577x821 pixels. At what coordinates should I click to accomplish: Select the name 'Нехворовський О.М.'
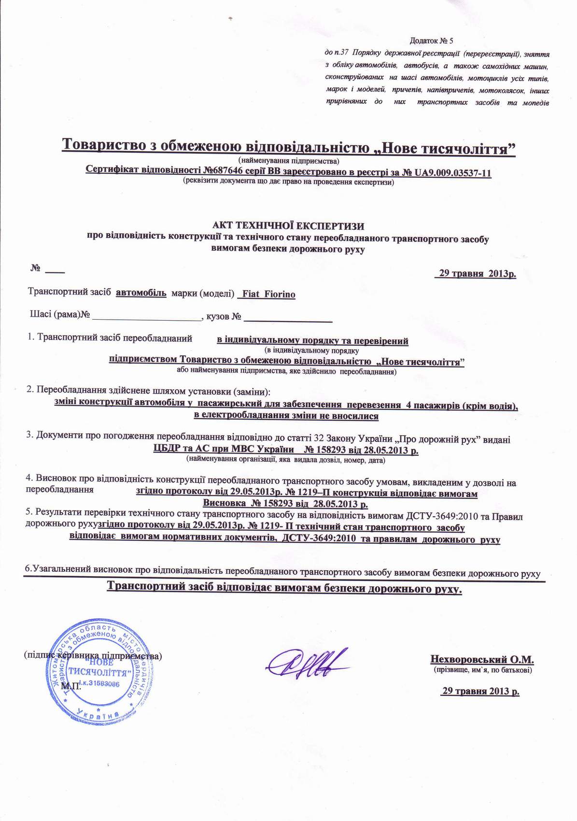tap(482, 659)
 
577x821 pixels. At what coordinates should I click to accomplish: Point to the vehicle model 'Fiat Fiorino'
tap(268, 294)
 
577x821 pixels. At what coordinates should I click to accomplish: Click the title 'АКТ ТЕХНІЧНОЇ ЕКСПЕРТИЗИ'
tap(288, 226)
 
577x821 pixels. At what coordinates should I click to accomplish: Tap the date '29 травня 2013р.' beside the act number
tap(476, 274)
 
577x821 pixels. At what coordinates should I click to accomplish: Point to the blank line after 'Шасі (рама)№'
tap(146, 318)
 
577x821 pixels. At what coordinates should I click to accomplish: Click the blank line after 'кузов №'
tap(288, 318)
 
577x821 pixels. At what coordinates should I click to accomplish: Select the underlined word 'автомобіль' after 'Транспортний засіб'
tap(142, 293)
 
